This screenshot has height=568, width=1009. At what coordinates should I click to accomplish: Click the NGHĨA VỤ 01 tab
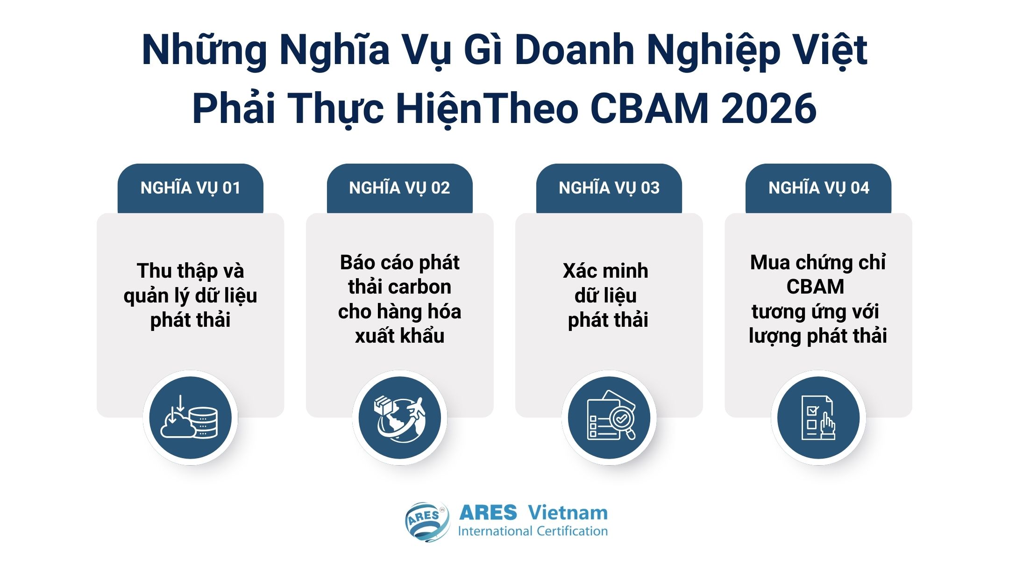(x=190, y=188)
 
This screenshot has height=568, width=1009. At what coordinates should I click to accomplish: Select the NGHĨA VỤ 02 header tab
(x=399, y=188)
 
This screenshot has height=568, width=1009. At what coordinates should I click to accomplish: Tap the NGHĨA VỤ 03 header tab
(x=609, y=188)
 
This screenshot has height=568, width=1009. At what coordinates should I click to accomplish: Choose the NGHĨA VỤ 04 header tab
(x=818, y=188)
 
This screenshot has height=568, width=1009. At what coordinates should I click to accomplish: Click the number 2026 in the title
(x=768, y=108)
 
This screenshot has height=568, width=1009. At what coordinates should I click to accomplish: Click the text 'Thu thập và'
(x=190, y=271)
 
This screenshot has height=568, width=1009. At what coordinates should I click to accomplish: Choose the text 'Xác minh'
(x=605, y=271)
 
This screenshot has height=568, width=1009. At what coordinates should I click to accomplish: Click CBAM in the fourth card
(x=815, y=287)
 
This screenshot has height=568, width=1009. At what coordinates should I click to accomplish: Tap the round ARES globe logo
(x=427, y=522)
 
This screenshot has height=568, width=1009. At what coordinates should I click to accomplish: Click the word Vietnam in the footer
(x=568, y=513)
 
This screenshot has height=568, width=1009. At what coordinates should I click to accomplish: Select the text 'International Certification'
(x=533, y=532)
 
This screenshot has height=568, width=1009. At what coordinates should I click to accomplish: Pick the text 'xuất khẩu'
(x=399, y=336)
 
